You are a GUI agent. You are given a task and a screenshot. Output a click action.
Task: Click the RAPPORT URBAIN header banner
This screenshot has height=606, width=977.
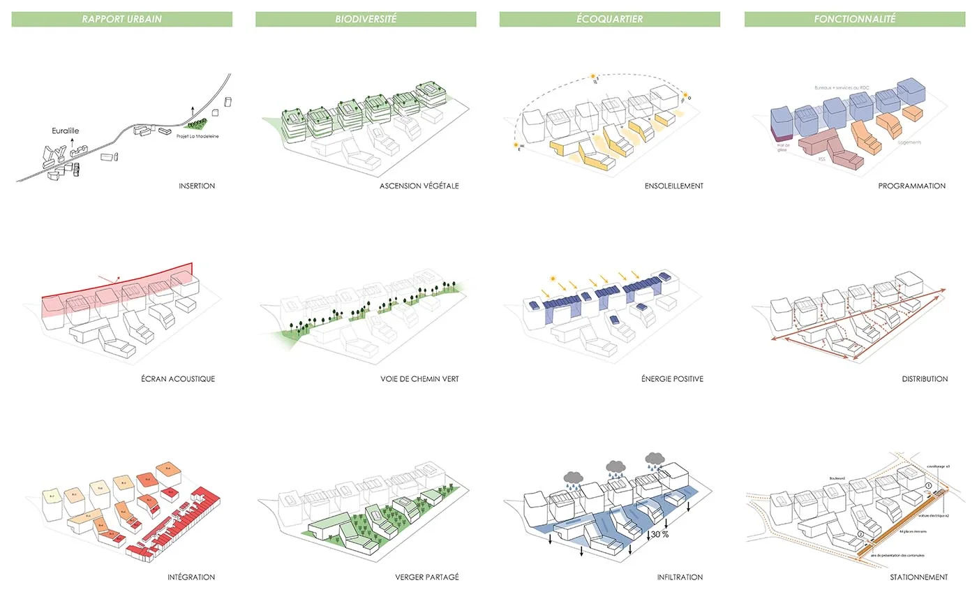(121, 20)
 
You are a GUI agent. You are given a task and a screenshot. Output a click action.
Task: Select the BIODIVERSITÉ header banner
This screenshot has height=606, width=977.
(366, 20)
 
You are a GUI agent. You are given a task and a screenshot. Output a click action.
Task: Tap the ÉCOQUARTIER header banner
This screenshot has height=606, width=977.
(609, 20)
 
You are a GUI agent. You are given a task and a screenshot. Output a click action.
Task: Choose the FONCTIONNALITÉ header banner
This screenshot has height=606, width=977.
(854, 20)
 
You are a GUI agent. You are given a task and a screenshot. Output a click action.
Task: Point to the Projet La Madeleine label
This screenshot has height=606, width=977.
(198, 136)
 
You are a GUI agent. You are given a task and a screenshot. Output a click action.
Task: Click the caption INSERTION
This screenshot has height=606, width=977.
(197, 186)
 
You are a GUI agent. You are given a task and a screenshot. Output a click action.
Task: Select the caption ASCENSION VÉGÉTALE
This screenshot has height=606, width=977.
(419, 186)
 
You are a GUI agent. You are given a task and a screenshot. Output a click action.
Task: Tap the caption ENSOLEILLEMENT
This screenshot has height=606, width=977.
(673, 186)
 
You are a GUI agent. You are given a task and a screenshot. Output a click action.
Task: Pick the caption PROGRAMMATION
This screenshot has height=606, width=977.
(911, 186)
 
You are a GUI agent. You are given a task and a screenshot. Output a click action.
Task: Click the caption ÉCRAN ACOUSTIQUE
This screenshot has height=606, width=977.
(177, 379)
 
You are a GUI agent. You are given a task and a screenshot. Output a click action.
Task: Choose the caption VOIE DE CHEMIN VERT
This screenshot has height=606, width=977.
(415, 379)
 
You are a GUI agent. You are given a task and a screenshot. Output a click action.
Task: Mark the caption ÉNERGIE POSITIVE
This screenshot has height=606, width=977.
(671, 379)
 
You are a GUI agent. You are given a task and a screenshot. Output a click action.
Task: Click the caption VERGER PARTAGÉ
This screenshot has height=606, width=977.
(426, 577)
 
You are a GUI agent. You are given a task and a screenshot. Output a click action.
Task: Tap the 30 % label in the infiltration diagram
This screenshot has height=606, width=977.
(659, 535)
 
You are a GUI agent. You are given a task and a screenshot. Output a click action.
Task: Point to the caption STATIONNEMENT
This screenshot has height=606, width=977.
(918, 577)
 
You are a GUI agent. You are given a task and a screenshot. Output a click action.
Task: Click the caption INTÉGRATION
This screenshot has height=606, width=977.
(191, 577)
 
